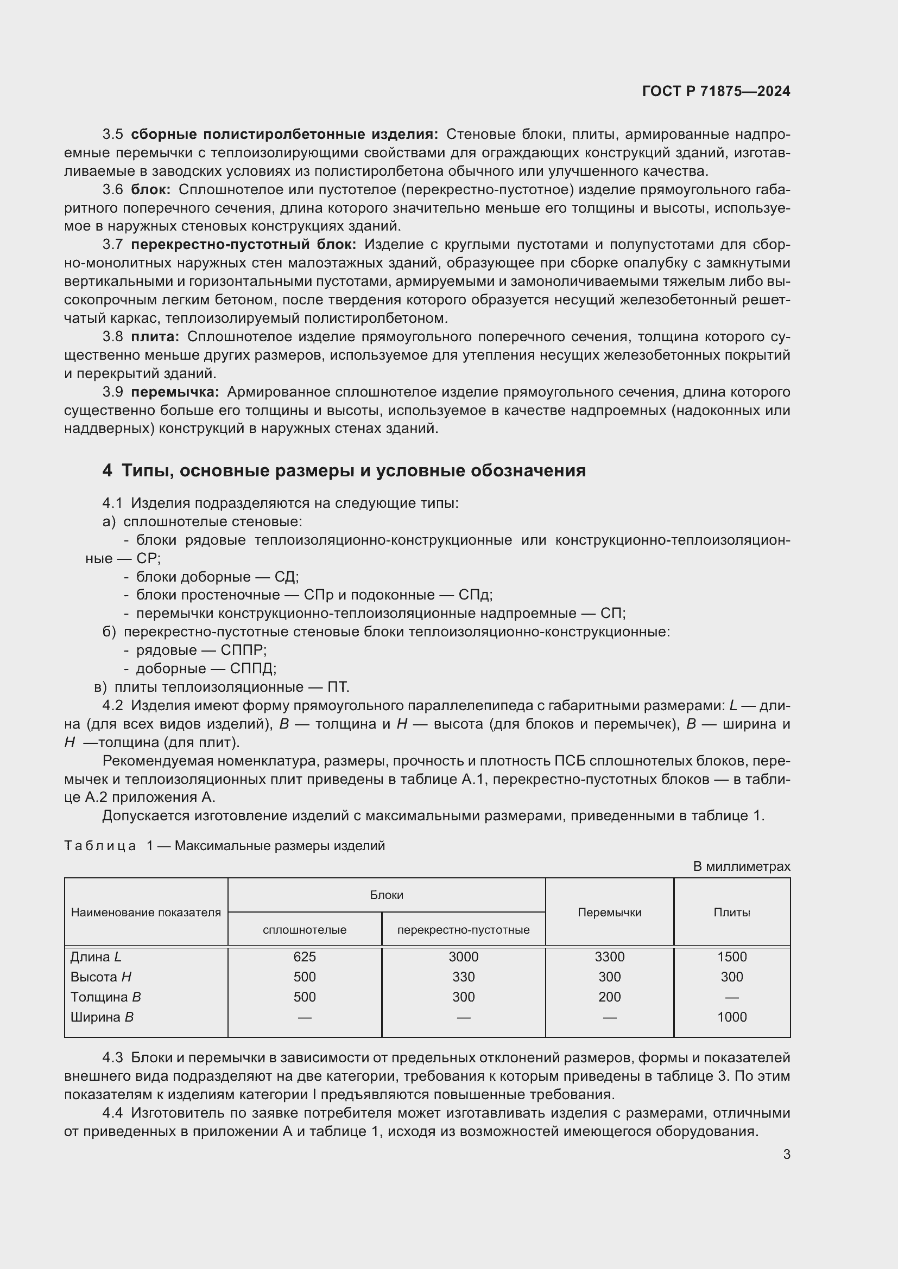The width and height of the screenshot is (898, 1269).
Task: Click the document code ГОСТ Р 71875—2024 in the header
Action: tap(716, 91)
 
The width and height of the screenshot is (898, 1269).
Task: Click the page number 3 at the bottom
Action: tap(786, 1154)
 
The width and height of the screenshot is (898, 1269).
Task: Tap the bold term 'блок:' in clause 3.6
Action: tap(151, 189)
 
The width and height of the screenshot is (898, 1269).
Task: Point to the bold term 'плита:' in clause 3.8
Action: tap(155, 336)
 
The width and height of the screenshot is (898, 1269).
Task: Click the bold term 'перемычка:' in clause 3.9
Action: tap(175, 392)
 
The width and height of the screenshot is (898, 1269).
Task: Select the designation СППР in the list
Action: tap(243, 650)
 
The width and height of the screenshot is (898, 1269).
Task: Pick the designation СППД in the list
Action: tap(252, 668)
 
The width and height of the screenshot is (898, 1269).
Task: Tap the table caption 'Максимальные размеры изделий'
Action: tap(279, 846)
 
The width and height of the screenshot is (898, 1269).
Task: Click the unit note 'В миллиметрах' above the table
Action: tap(741, 866)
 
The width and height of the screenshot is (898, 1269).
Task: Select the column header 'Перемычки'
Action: tap(609, 912)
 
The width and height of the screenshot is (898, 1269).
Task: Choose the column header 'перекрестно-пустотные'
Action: tap(463, 930)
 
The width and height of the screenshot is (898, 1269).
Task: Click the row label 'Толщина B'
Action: tap(105, 997)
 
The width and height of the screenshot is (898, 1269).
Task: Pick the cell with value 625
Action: tap(304, 956)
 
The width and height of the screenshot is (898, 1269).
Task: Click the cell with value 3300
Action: tap(609, 956)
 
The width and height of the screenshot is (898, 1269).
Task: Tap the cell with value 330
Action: tap(463, 977)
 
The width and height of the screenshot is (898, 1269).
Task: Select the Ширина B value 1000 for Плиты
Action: tap(731, 1017)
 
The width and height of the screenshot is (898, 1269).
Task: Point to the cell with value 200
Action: tap(609, 997)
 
